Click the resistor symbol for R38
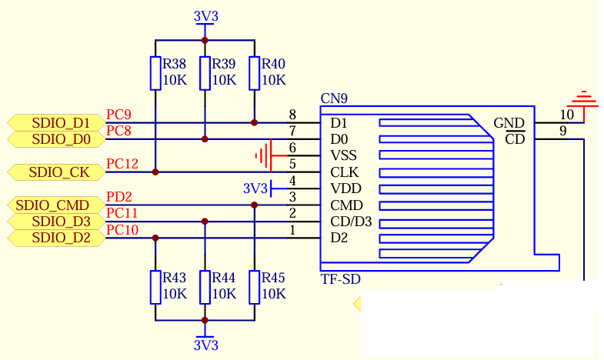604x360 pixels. click(x=155, y=73)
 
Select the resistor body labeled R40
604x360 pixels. click(x=254, y=73)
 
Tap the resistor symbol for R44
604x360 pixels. click(x=205, y=287)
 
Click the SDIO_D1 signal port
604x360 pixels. click(x=56, y=123)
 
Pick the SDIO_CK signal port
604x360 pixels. click(x=56, y=172)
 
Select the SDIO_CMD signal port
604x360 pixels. click(x=56, y=205)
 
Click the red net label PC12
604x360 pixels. click(x=122, y=164)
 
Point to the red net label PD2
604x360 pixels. click(x=119, y=197)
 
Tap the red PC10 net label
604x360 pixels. click(x=122, y=230)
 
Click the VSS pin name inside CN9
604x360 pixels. click(x=344, y=155)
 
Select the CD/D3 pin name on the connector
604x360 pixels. click(x=351, y=222)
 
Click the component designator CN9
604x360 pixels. click(x=334, y=98)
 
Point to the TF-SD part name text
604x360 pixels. click(x=341, y=278)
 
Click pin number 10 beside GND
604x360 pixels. click(x=566, y=115)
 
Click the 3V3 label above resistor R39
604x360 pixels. click(x=205, y=17)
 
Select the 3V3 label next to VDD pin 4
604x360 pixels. click(x=255, y=188)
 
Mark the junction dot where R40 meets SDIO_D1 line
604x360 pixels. click(x=254, y=123)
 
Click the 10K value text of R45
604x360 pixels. click(x=274, y=294)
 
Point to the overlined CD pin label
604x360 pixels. click(x=515, y=139)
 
